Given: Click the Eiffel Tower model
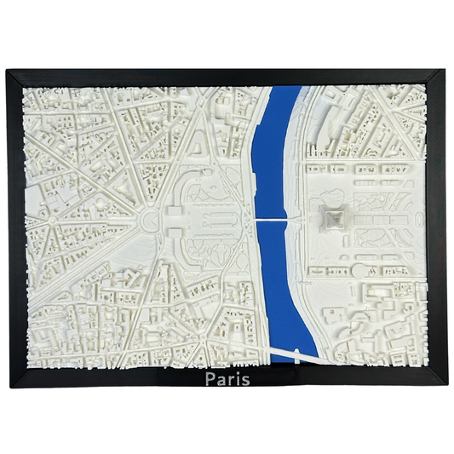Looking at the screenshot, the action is point(332,220).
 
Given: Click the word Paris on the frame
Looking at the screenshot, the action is point(227,377).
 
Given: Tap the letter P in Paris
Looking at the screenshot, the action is point(210,377).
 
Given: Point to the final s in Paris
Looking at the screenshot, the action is point(245,378).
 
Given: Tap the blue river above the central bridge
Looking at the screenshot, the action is point(276,153).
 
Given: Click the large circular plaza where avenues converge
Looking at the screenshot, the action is point(149,223).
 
